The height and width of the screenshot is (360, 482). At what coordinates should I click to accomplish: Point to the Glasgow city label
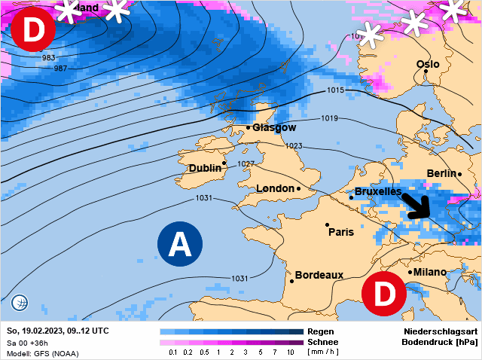coord(274,128)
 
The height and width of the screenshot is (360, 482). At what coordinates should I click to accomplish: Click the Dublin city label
coord(205,168)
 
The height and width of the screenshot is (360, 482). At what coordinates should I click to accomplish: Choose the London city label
coord(275,188)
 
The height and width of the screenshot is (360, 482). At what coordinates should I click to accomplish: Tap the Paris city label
coord(341,232)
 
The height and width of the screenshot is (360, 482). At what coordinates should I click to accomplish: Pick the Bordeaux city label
coord(319,276)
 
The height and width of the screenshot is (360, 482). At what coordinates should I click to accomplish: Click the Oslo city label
coord(428,65)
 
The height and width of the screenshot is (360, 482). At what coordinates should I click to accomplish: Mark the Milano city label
coord(430,272)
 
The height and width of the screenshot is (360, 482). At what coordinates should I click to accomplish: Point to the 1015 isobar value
coord(336,91)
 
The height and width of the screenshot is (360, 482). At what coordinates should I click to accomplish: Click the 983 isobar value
coord(49,58)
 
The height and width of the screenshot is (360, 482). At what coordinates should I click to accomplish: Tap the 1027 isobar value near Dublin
coord(246,163)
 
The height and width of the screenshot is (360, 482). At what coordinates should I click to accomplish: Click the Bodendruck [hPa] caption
coord(441,342)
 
